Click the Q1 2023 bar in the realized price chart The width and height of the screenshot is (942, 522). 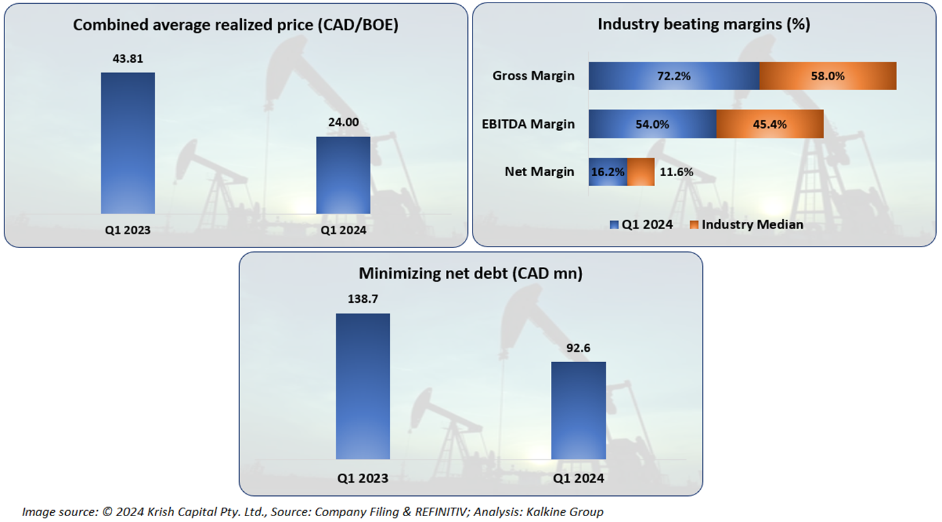click(128, 143)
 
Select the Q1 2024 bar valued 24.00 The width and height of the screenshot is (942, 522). click(343, 175)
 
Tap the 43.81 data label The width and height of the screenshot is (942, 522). click(128, 59)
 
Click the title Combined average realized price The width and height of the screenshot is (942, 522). click(235, 25)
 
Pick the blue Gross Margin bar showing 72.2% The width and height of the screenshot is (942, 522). click(673, 76)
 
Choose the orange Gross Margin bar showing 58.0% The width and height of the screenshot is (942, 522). click(828, 76)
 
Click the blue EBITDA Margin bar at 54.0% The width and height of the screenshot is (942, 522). click(652, 124)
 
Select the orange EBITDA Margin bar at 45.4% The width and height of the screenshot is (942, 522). click(770, 124)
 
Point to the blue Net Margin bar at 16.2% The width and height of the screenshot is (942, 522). click(608, 172)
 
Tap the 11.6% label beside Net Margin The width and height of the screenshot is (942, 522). click(676, 172)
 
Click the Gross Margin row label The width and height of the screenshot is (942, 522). click(533, 76)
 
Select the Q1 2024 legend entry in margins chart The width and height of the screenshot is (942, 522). click(641, 224)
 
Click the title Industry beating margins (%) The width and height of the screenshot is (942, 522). click(703, 25)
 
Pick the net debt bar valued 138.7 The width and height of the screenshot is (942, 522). click(362, 386)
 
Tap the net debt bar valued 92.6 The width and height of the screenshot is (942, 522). click(578, 410)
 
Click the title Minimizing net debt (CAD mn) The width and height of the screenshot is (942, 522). click(471, 274)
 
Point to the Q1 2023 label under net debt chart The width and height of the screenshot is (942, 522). click(362, 478)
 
